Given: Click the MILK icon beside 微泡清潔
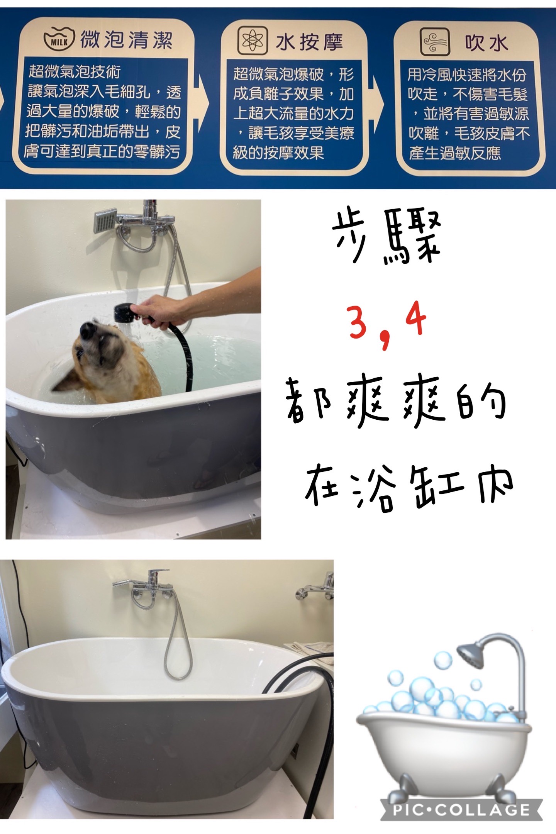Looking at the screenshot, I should [x=59, y=40].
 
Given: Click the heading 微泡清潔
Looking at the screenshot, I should [x=126, y=40].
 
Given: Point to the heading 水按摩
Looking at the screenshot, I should [x=309, y=42].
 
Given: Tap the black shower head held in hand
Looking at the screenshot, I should [x=123, y=313].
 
